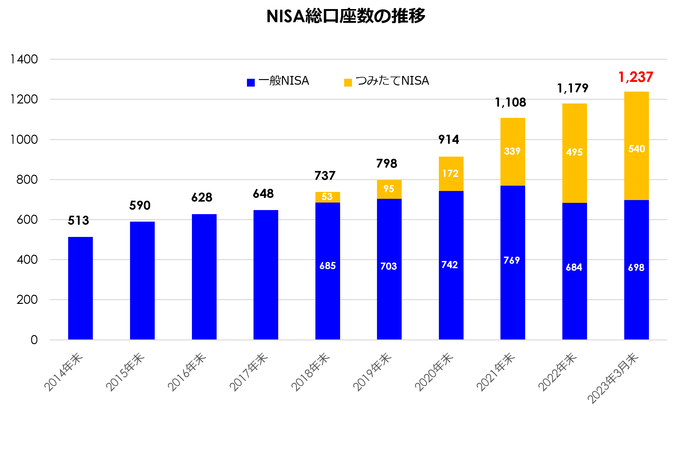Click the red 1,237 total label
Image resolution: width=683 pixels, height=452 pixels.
pyautogui.click(x=635, y=77)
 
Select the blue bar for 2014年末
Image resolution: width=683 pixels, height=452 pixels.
pyautogui.click(x=80, y=288)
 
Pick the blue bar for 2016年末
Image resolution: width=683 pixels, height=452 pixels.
pyautogui.click(x=204, y=276)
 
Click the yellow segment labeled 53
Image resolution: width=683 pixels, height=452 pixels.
pyautogui.click(x=327, y=197)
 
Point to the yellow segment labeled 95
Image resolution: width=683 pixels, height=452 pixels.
pyautogui.click(x=389, y=189)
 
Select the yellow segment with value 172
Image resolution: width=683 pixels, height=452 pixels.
pyautogui.click(x=451, y=173)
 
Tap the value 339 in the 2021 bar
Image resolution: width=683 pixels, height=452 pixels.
pyautogui.click(x=512, y=151)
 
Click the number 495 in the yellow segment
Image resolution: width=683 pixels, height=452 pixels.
pyautogui.click(x=574, y=152)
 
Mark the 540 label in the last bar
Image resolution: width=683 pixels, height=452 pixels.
pyautogui.click(x=636, y=149)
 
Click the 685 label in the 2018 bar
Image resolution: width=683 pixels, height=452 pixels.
pyautogui.click(x=327, y=266)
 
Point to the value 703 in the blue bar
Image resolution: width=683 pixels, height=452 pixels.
pyautogui.click(x=389, y=266)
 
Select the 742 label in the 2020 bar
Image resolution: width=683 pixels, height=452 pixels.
pyautogui.click(x=449, y=265)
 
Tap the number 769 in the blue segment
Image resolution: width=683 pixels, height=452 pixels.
pyautogui.click(x=512, y=260)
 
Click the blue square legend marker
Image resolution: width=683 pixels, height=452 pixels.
pyautogui.click(x=251, y=83)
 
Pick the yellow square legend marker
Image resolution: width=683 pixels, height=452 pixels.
pyautogui.click(x=348, y=83)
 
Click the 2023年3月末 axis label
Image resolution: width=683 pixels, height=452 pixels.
pyautogui.click(x=613, y=378)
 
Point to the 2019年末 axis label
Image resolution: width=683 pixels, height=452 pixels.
pyautogui.click(x=372, y=372)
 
